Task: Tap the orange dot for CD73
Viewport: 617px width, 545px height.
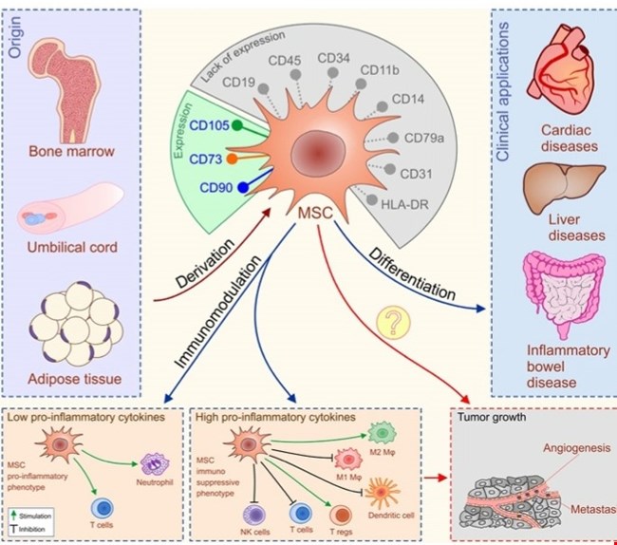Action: pyautogui.click(x=232, y=158)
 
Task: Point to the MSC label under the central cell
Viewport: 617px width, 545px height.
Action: pyautogui.click(x=313, y=217)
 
